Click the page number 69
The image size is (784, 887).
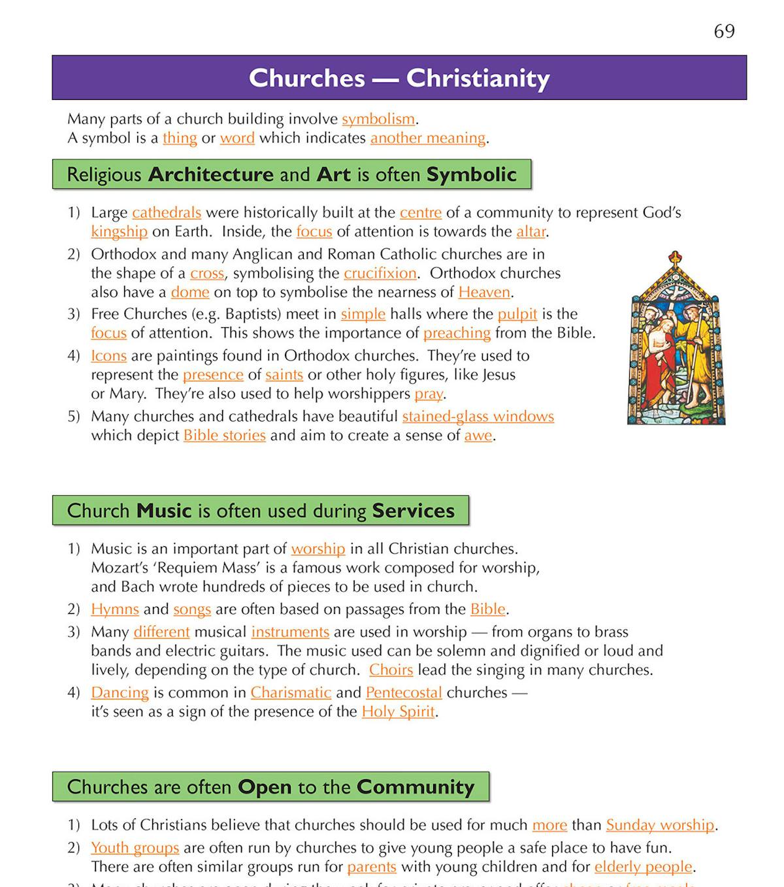click(724, 31)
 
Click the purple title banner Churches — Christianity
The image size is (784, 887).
click(399, 78)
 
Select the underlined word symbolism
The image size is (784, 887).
click(378, 119)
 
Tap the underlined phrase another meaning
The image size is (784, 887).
click(428, 138)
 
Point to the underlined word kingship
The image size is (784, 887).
click(119, 231)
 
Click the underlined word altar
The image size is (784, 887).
click(531, 231)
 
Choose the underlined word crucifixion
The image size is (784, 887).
click(380, 273)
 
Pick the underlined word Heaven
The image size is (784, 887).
click(484, 292)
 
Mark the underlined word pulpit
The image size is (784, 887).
click(517, 314)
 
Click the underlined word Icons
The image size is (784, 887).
click(108, 355)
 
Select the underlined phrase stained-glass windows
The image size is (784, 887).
click(478, 416)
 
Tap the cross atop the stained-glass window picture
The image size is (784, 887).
click(675, 257)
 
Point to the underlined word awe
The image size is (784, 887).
click(478, 435)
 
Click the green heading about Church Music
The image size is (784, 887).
click(261, 510)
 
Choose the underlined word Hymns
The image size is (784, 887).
click(115, 609)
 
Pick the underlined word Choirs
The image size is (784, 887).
click(391, 669)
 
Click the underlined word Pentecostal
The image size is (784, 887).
click(404, 692)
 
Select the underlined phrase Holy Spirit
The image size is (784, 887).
click(398, 711)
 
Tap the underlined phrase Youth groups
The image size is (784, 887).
click(135, 848)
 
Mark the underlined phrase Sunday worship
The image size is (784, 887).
click(660, 825)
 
